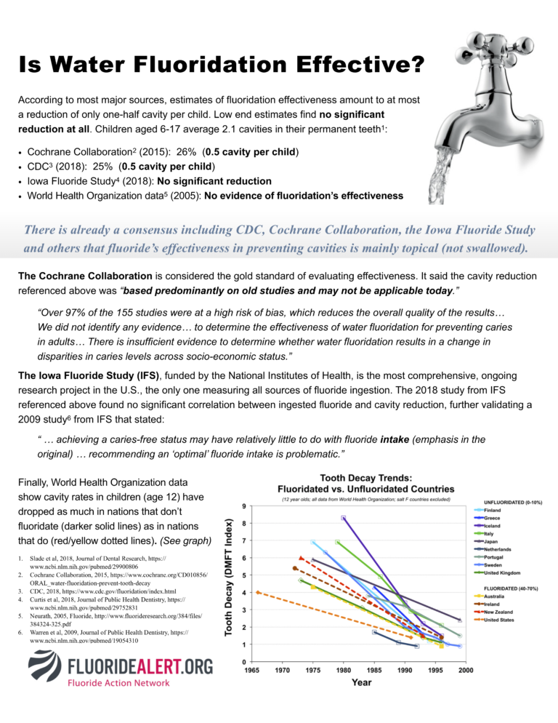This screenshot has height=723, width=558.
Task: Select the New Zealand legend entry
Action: click(499, 612)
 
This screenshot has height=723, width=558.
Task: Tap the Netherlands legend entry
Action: click(500, 548)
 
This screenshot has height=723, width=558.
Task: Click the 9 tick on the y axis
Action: click(242, 506)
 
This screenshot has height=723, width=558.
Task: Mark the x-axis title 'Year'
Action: click(361, 682)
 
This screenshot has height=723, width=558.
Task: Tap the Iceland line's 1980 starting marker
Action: click(343, 518)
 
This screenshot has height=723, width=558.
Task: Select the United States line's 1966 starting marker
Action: click(258, 592)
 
